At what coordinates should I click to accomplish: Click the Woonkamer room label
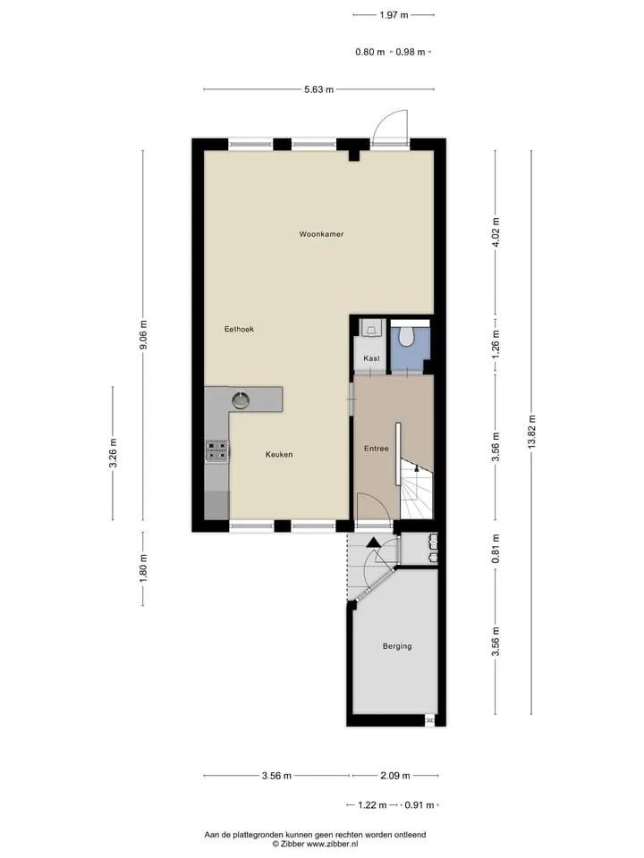point(321,234)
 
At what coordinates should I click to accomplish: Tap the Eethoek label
point(240,330)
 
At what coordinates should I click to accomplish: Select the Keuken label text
point(279,455)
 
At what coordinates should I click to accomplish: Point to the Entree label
point(377,449)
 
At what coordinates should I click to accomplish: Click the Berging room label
point(397,646)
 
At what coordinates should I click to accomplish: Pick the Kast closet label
point(371,358)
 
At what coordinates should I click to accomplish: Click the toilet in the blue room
point(406,335)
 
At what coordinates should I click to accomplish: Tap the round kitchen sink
point(241,400)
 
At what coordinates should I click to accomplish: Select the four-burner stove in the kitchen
point(216,450)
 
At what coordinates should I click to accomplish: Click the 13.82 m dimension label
point(531,433)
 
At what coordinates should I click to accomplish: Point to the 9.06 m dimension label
point(143,335)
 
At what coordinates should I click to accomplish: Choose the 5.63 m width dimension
point(318,89)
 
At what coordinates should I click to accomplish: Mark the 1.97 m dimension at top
point(394,15)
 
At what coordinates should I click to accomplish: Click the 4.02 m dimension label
point(496,232)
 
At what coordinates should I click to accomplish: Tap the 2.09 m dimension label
point(394,776)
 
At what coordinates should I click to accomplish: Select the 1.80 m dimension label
point(143,569)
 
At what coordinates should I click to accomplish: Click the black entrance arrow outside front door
point(373,543)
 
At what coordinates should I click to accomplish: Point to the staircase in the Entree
point(416,489)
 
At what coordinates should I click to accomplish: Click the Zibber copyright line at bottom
point(315,845)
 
